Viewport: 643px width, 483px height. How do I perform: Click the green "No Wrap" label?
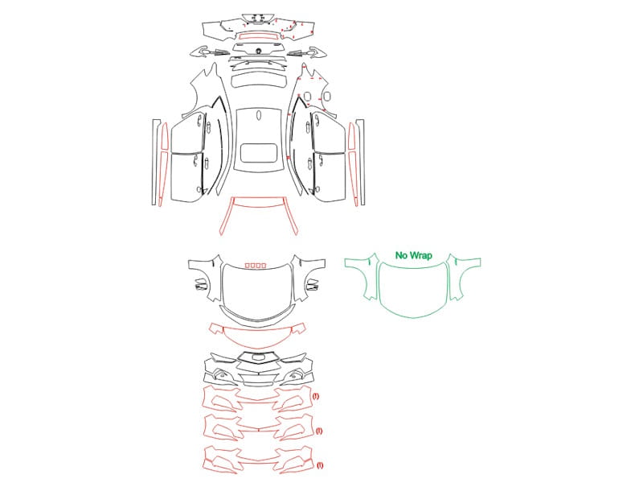pos(413,255)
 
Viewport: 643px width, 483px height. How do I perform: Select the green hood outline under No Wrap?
pos(413,316)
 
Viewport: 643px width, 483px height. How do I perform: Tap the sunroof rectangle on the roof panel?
pos(258,153)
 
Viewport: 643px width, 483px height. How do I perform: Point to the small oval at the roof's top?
pos(259,115)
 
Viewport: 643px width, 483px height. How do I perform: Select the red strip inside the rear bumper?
pos(258,36)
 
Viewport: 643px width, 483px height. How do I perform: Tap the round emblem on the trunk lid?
pos(259,51)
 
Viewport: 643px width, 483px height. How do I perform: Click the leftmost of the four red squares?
pos(248,266)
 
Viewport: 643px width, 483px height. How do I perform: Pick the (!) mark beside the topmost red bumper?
pos(315,396)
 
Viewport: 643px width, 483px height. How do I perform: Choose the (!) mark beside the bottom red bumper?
pos(320,465)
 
